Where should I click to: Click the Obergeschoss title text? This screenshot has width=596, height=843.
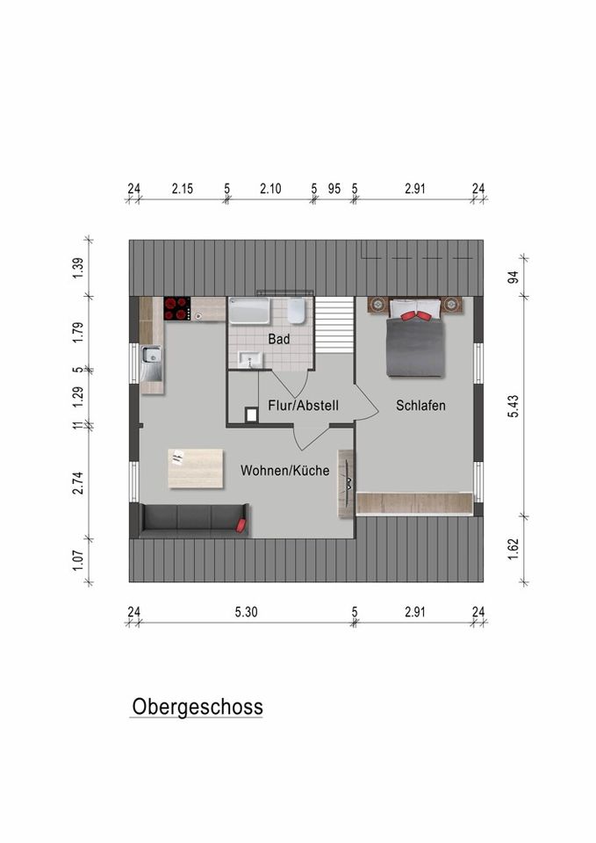pyautogui.click(x=197, y=707)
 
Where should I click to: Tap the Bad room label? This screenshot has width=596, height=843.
pyautogui.click(x=279, y=337)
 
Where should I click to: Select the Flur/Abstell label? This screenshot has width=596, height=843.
pyautogui.click(x=303, y=406)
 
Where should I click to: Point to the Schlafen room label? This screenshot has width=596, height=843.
pyautogui.click(x=420, y=406)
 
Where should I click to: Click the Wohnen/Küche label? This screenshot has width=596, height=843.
pyautogui.click(x=284, y=471)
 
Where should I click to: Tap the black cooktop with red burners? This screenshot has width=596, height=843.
pyautogui.click(x=176, y=307)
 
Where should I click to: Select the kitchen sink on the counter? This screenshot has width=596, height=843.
pyautogui.click(x=150, y=357)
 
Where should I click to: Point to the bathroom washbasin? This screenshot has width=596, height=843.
pyautogui.click(x=251, y=358)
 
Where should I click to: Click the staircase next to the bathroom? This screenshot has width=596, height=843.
pyautogui.click(x=334, y=324)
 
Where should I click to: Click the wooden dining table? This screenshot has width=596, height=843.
pyautogui.click(x=195, y=468)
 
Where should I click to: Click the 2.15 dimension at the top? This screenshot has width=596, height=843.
pyautogui.click(x=183, y=188)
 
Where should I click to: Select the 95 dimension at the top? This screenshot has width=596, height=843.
pyautogui.click(x=334, y=188)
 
